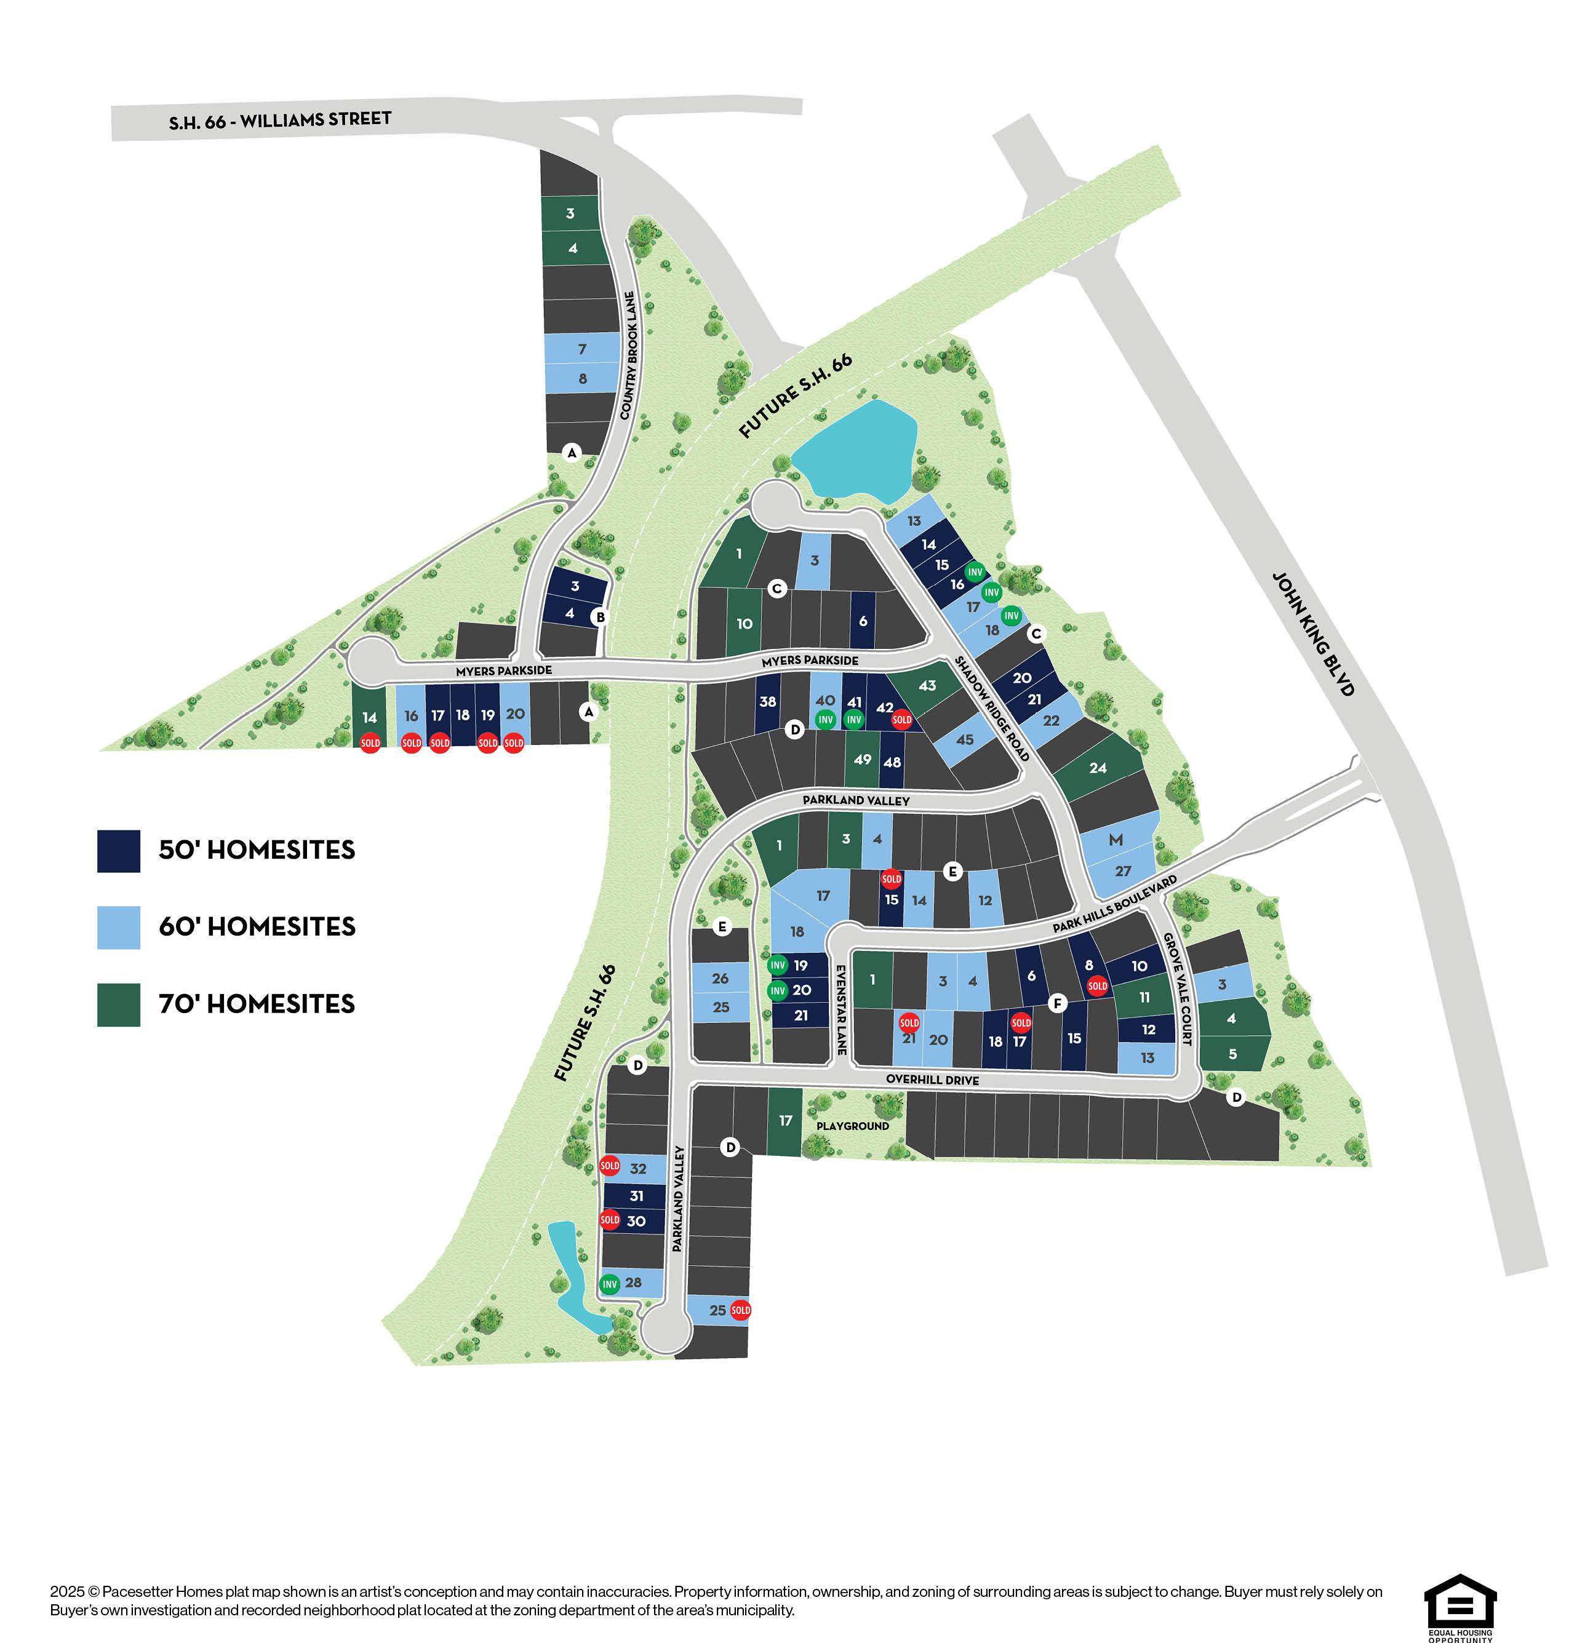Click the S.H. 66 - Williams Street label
[x=279, y=121]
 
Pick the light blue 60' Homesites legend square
[x=118, y=927]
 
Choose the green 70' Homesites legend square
[x=118, y=1004]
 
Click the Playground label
[x=852, y=1126]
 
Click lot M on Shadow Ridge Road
[x=1115, y=840]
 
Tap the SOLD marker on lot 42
[x=901, y=719]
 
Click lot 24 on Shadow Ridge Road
[x=1097, y=768]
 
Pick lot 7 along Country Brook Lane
[x=582, y=349]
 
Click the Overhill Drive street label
[x=932, y=1080]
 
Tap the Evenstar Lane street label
[x=841, y=1009]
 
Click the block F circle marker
[x=1057, y=1003]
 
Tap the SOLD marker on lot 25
[x=740, y=1310]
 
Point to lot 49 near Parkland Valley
[x=862, y=759]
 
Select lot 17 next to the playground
[x=785, y=1120]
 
